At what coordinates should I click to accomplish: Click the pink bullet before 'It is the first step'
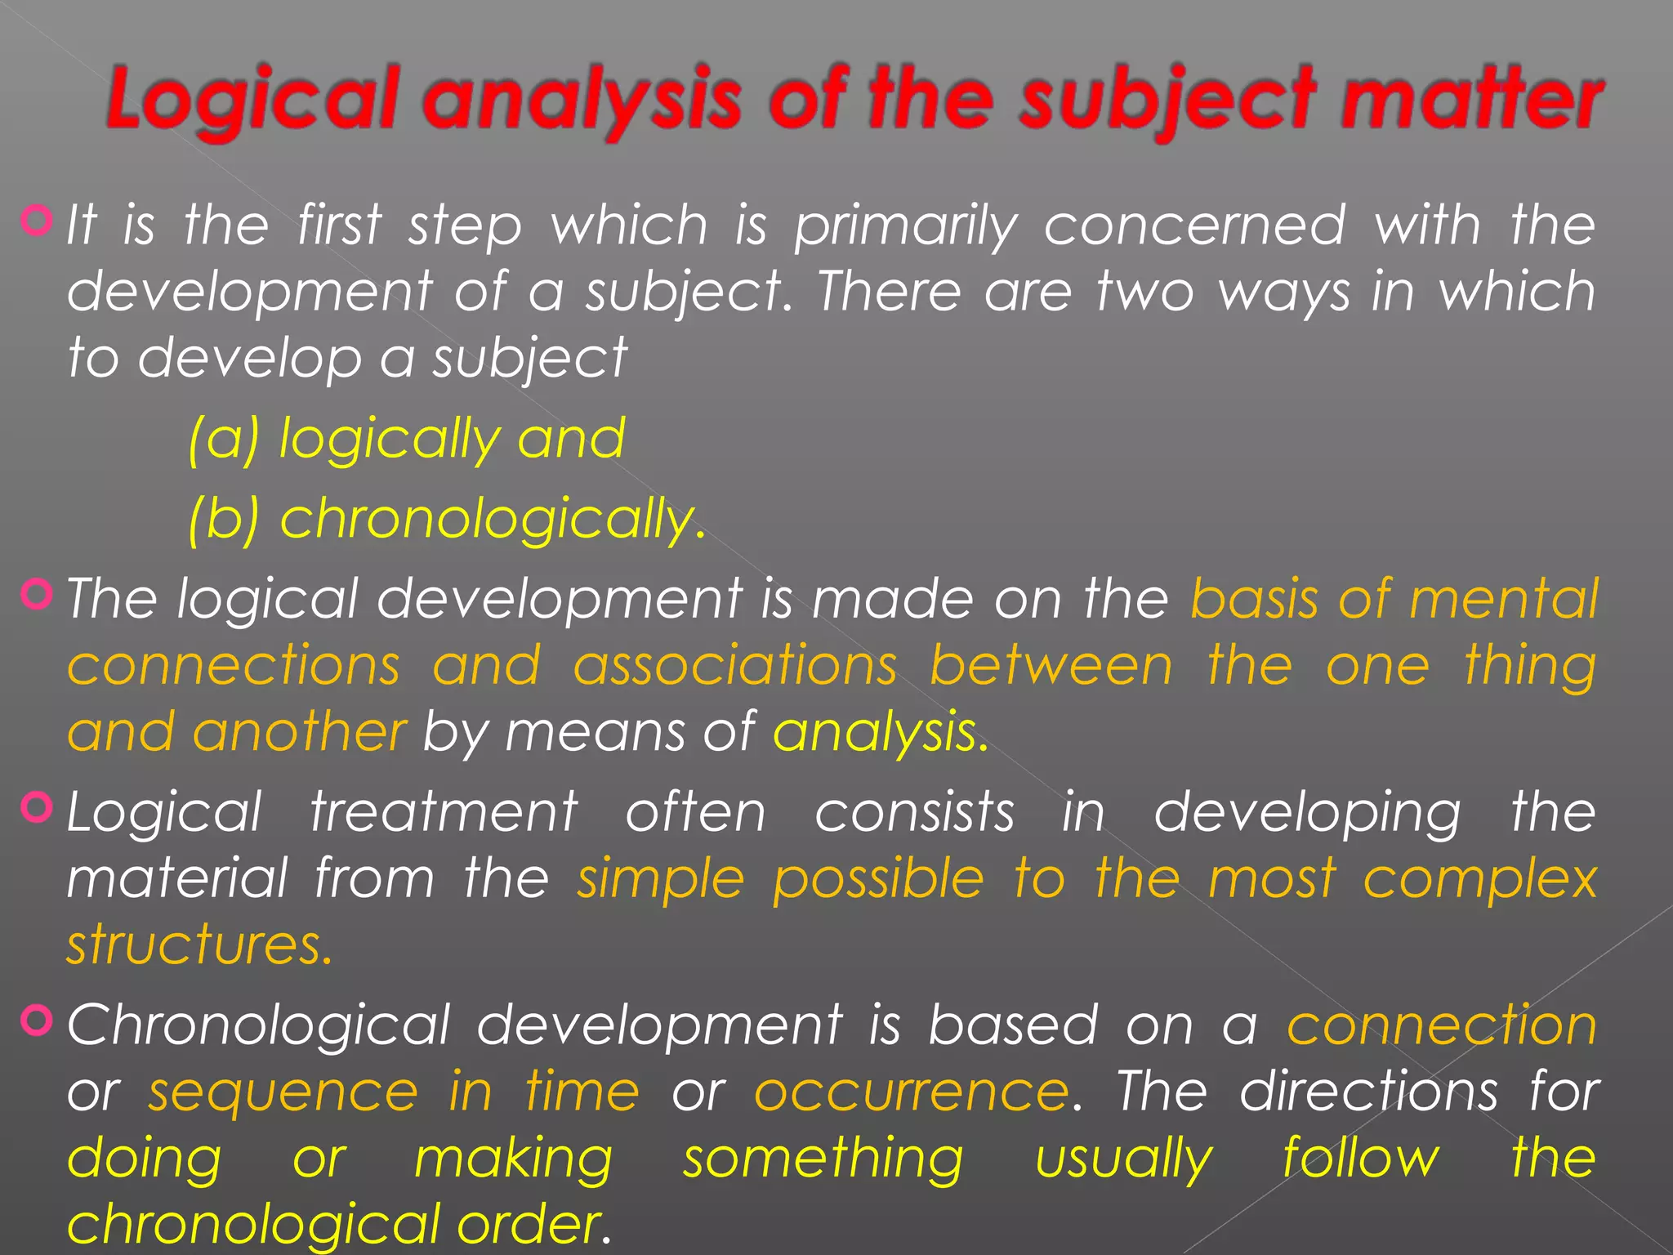(x=38, y=220)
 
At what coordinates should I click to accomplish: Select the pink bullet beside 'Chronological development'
(x=38, y=1020)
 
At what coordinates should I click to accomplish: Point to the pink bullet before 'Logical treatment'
(x=38, y=807)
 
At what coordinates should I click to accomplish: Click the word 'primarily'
(x=906, y=226)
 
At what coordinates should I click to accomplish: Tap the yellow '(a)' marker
(x=223, y=439)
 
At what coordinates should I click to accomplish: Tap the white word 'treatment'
(x=444, y=812)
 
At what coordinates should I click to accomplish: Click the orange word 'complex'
(x=1479, y=881)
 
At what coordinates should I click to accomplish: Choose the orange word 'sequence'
(x=283, y=1092)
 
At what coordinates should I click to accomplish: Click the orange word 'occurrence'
(x=911, y=1092)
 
